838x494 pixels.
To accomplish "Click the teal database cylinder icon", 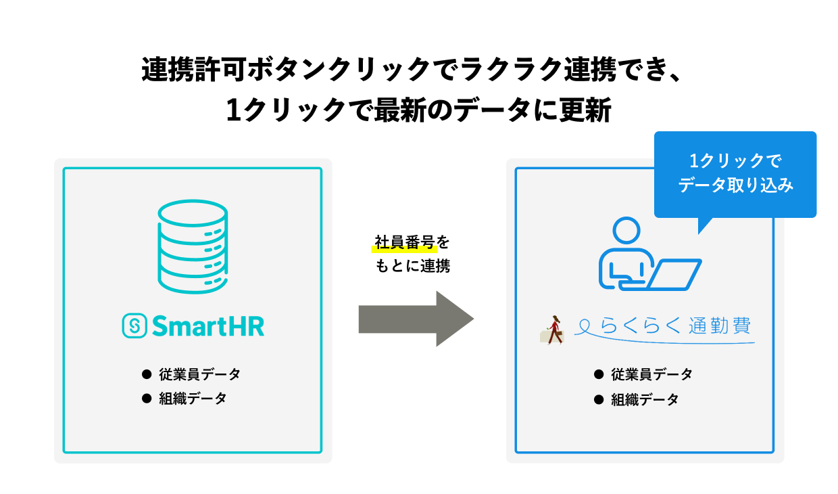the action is (x=193, y=246).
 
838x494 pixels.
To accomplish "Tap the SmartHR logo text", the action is (x=208, y=326).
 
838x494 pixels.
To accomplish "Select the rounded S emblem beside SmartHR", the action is (x=134, y=325).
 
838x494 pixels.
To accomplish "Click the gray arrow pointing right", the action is (x=416, y=319).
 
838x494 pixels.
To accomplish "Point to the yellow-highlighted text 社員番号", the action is (x=404, y=242).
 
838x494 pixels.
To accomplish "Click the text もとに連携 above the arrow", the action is (x=413, y=266).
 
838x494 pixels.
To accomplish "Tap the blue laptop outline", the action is (x=673, y=274).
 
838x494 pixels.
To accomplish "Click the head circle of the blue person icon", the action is (x=626, y=230).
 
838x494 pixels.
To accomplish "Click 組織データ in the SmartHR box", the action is (x=193, y=398).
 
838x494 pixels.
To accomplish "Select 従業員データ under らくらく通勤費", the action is (x=651, y=374).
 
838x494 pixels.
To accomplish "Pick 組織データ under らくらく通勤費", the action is (x=645, y=400).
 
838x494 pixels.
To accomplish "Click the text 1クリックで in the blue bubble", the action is (x=735, y=161).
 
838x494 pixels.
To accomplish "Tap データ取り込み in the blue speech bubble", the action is (x=735, y=185).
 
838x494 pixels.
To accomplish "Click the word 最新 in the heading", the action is (x=399, y=110).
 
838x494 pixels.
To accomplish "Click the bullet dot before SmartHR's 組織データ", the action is (x=147, y=398).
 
